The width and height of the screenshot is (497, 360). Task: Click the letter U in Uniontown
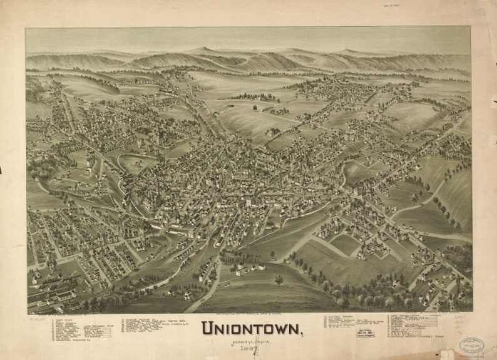[208, 327]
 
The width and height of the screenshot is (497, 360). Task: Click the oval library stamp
[471, 345]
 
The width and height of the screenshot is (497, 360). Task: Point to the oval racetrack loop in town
[137, 164]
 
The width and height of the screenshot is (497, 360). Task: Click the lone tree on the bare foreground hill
[278, 280]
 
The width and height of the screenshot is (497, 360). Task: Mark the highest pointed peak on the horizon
[202, 49]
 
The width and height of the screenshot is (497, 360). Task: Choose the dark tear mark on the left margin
[2, 169]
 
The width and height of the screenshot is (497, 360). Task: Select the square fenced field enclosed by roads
[346, 244]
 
